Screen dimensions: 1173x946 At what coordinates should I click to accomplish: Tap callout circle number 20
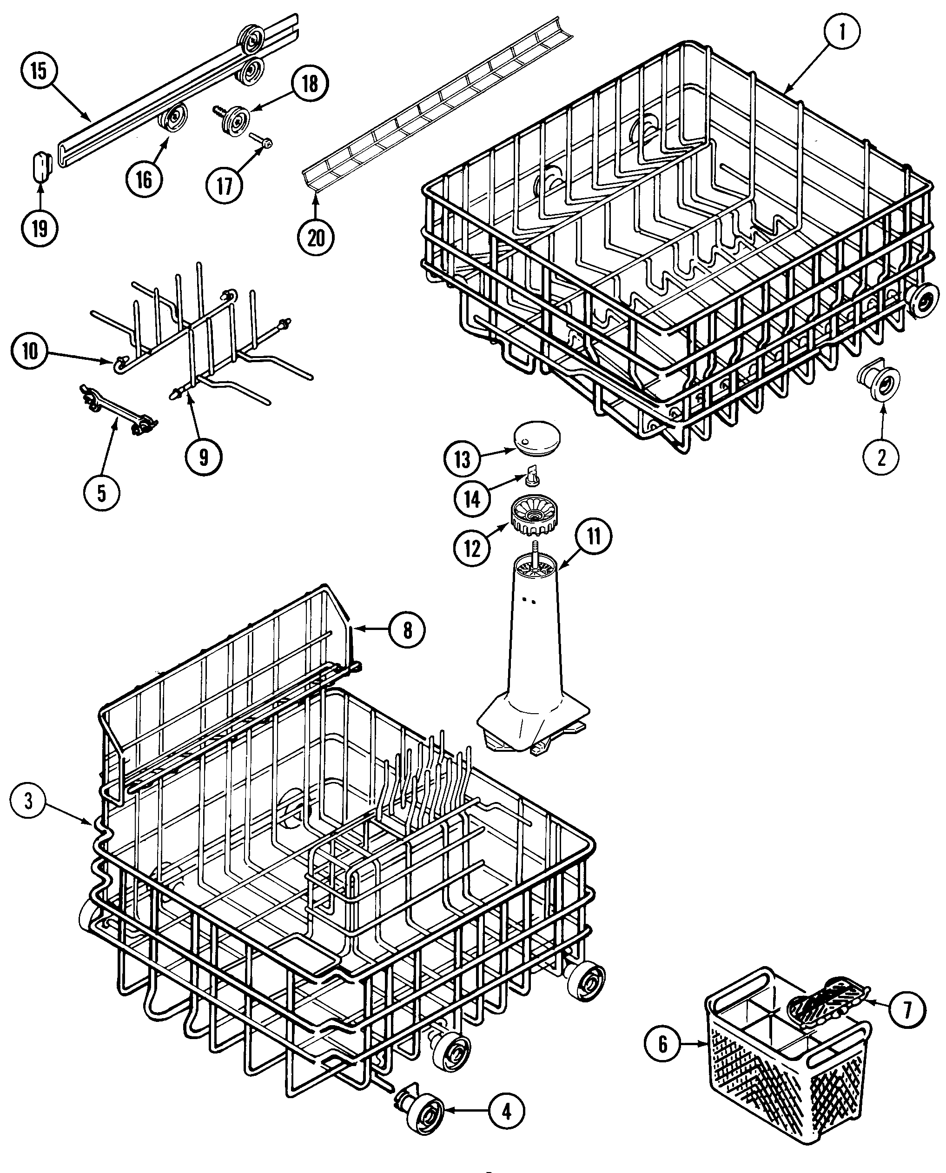317,238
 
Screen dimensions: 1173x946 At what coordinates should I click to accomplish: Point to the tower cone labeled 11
532,654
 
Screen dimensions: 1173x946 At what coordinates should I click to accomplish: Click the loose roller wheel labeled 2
879,380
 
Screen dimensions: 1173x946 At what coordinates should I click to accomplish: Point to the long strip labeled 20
436,104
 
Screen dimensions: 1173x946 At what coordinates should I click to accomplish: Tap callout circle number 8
407,630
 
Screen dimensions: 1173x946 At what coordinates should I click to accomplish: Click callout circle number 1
841,33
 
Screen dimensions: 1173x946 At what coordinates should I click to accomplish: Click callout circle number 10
30,351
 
